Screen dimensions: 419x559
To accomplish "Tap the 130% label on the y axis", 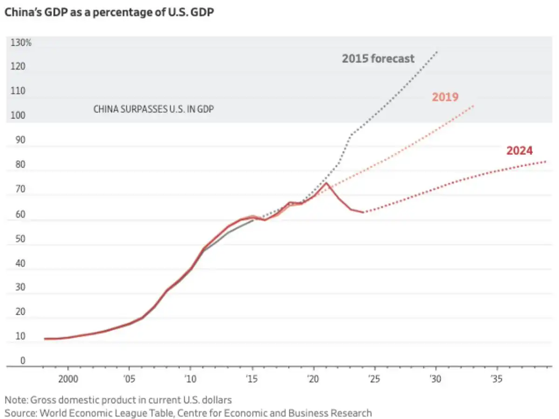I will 21,43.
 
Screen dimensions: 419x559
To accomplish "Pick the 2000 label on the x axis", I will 68,378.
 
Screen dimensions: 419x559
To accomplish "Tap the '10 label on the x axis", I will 190,378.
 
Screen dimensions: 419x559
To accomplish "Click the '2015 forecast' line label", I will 378,59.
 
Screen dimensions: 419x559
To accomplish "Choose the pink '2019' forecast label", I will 445,97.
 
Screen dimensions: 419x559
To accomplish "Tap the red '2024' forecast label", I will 519,151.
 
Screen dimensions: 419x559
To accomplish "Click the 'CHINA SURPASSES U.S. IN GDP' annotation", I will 154,110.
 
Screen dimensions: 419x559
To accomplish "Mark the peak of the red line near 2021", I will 327,183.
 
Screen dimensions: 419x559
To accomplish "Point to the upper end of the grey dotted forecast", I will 437,52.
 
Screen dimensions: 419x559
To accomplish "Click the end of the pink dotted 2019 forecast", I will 474,105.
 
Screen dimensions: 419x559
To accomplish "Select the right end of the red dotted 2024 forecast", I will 545,162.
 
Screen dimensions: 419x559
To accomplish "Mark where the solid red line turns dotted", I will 363,213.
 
